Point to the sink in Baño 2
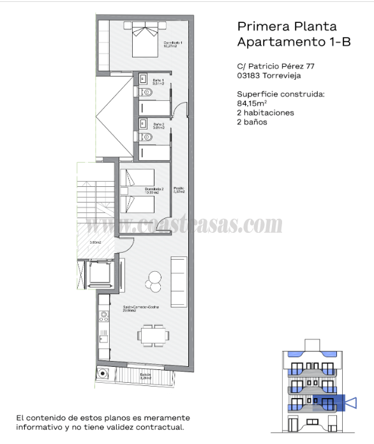pos(144,122)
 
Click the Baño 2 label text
pos(159,126)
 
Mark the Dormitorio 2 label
pos(154,190)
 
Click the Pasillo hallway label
pos(179,189)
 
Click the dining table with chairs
pos(153,334)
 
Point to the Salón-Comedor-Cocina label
pos(140,309)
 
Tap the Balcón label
pos(146,376)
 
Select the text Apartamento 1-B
pos(287,42)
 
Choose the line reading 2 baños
pos(252,122)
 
